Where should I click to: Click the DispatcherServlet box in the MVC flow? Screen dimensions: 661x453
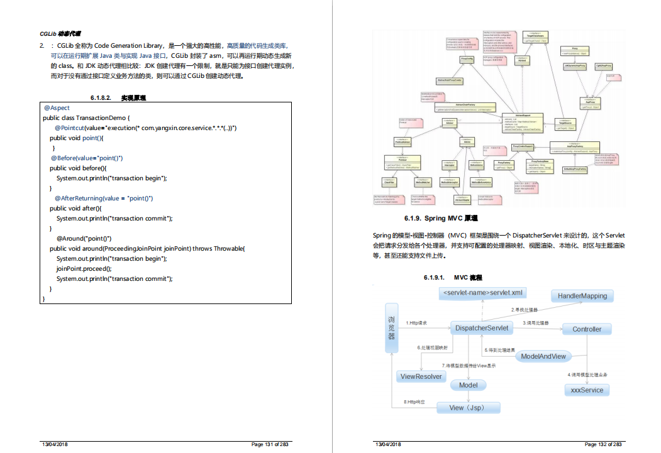tap(481, 328)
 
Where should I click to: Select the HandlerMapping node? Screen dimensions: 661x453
tap(582, 296)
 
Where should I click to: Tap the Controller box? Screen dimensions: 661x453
tap(586, 329)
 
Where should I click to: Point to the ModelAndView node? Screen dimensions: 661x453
tap(543, 356)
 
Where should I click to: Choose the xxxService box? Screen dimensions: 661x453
tap(586, 390)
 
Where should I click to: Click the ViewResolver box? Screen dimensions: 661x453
tap(421, 376)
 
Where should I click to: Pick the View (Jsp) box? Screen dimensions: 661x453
tap(466, 408)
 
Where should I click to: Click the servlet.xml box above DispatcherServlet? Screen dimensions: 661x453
tap(482, 293)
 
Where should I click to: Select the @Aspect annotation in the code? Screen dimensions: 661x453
tap(57, 108)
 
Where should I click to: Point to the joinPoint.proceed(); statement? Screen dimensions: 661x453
tap(88, 268)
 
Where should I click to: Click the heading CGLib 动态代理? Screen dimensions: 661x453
tap(60, 33)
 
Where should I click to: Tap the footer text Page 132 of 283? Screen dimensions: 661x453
tap(603, 444)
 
